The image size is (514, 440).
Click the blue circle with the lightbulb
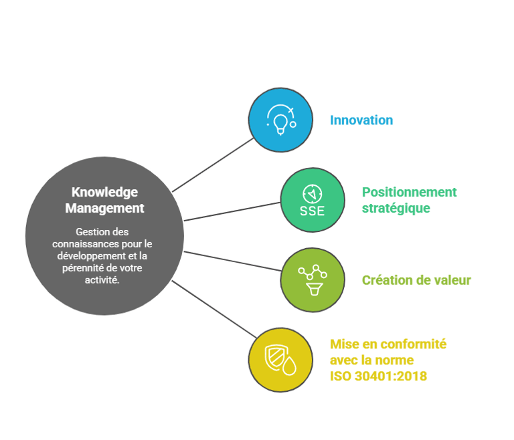pyautogui.click(x=280, y=120)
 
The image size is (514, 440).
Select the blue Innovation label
pyautogui.click(x=361, y=120)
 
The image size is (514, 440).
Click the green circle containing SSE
pyautogui.click(x=312, y=200)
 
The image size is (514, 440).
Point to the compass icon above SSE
pyautogui.click(x=312, y=193)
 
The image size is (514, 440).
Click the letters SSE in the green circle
pyautogui.click(x=312, y=211)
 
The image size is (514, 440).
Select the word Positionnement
pyautogui.click(x=409, y=193)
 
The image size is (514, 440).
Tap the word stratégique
pyautogui.click(x=396, y=208)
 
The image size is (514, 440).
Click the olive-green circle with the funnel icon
pyautogui.click(x=312, y=280)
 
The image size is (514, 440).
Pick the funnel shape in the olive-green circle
pyautogui.click(x=312, y=289)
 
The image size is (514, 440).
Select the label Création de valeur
pyautogui.click(x=416, y=280)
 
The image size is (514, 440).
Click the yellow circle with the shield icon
pyautogui.click(x=280, y=360)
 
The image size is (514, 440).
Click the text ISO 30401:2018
pyautogui.click(x=378, y=376)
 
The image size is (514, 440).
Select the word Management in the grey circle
pyautogui.click(x=104, y=208)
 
